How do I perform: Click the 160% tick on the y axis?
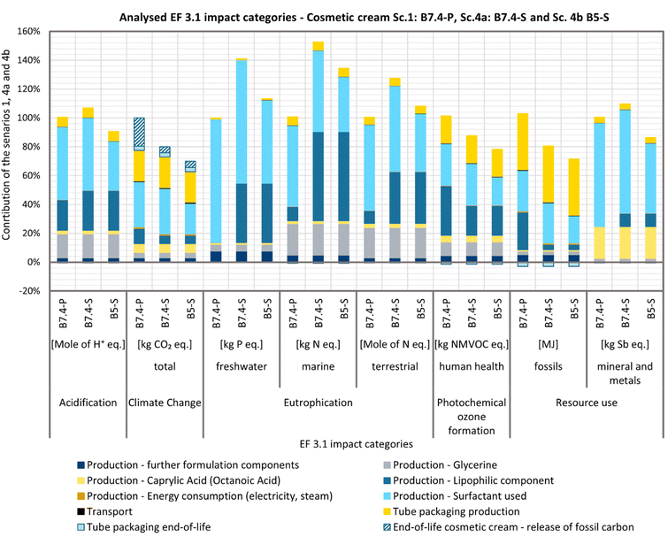point(29,31)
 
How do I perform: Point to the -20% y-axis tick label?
point(29,291)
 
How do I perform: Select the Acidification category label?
point(88,403)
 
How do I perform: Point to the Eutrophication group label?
point(319,403)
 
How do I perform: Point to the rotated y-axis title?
point(8,160)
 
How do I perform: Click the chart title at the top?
point(357,13)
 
